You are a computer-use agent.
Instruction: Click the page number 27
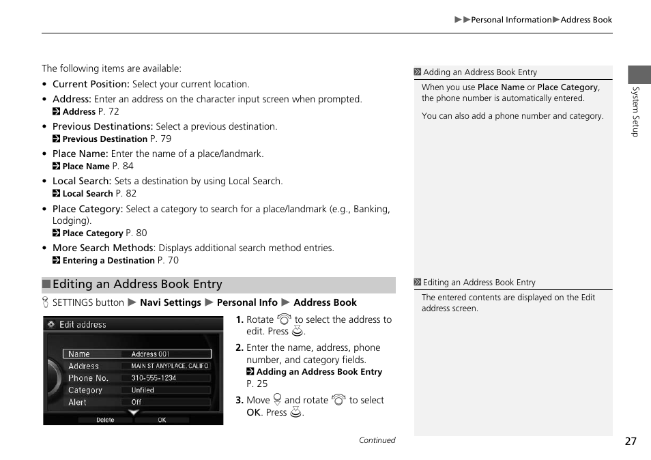[x=630, y=441]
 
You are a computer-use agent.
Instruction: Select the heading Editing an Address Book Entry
[x=137, y=285]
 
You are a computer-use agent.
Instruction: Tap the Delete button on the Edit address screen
[x=105, y=420]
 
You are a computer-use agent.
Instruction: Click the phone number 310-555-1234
[x=154, y=378]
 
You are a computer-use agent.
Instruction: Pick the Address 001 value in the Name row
[x=150, y=354]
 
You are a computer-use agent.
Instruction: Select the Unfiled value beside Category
[x=143, y=390]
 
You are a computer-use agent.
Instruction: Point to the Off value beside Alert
[x=136, y=403]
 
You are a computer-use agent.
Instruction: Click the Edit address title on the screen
[x=83, y=325]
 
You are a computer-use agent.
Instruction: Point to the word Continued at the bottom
[x=377, y=440]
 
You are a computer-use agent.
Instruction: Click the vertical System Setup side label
[x=635, y=111]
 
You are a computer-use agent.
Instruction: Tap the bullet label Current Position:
[x=91, y=85]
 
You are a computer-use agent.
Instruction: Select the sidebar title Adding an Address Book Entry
[x=480, y=72]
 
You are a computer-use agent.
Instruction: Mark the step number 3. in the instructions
[x=240, y=401]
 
